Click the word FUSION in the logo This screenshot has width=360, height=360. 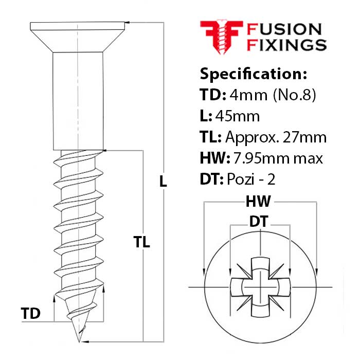(284, 29)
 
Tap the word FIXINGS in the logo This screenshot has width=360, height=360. (287, 45)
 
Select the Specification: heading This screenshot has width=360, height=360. (253, 74)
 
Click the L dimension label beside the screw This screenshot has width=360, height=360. (163, 181)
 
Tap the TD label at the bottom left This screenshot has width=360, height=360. (31, 313)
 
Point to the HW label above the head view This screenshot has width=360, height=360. (260, 201)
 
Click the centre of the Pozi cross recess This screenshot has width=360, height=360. (260, 285)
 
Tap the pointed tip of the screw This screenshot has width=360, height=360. (79, 340)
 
